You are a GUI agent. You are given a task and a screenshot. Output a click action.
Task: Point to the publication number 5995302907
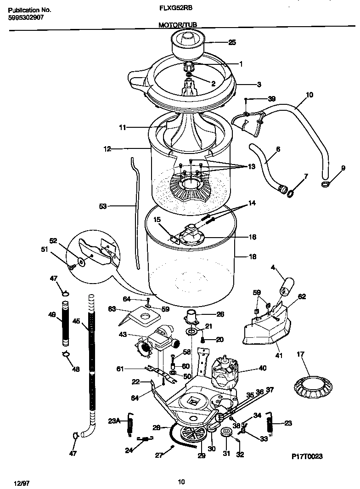[x=25, y=18]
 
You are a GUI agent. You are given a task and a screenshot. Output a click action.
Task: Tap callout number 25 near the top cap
[x=232, y=42]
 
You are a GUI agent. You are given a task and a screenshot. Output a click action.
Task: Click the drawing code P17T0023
[x=307, y=456]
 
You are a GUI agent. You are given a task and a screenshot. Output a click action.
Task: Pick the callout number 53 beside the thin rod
[x=103, y=207]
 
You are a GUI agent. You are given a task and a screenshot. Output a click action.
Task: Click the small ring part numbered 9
[x=326, y=185]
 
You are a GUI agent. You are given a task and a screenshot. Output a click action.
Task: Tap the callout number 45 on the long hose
[x=76, y=322]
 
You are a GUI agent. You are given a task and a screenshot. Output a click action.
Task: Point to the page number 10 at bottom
[x=181, y=482]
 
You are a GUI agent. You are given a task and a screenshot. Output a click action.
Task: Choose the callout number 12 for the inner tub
[x=107, y=148]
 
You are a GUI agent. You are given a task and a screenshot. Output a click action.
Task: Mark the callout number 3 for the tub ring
[x=259, y=85]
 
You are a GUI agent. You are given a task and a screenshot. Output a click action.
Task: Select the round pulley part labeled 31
[x=225, y=432]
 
